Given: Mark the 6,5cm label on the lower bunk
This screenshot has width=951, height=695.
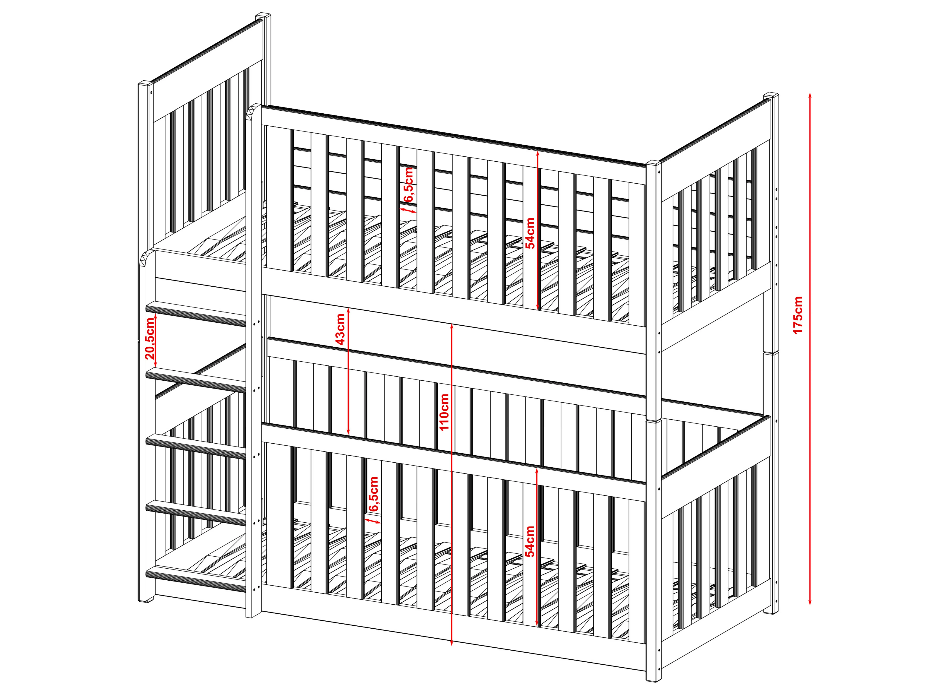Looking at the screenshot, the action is pyautogui.click(x=373, y=494).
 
